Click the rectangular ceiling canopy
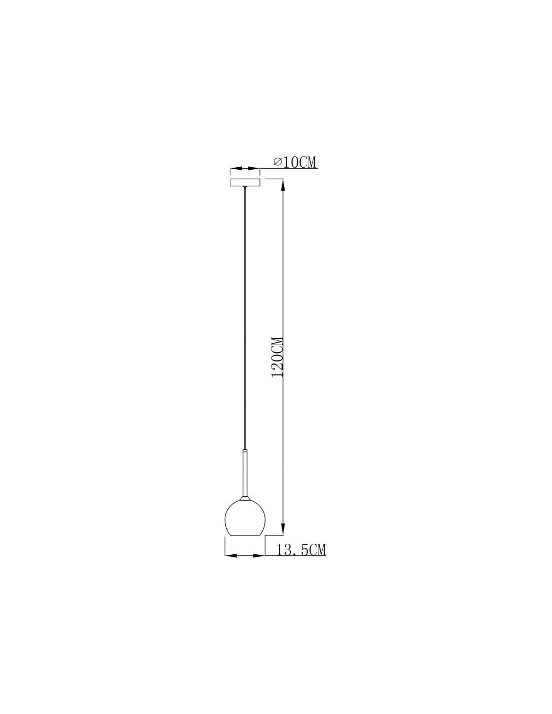pos(245,182)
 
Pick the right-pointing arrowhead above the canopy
pos(253,169)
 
